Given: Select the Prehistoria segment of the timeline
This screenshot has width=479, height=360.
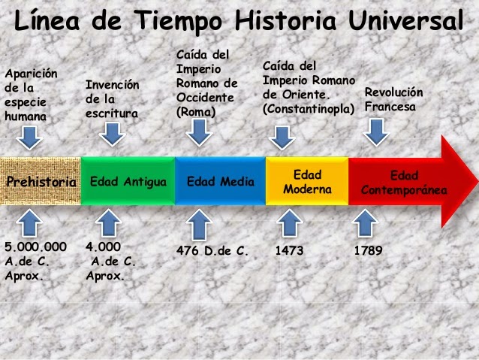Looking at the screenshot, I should [41, 183].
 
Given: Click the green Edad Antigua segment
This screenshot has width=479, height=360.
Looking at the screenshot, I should [127, 183].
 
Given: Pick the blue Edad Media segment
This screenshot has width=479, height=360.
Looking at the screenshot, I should [220, 183].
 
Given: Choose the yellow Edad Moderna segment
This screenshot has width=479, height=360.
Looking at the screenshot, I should [307, 182].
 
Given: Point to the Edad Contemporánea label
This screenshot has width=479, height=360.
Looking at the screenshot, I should [404, 183].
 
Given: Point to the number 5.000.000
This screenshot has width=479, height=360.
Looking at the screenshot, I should [35, 247].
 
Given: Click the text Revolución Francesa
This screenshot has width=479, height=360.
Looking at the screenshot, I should [393, 99].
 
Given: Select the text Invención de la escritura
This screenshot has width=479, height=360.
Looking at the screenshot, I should [113, 100].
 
